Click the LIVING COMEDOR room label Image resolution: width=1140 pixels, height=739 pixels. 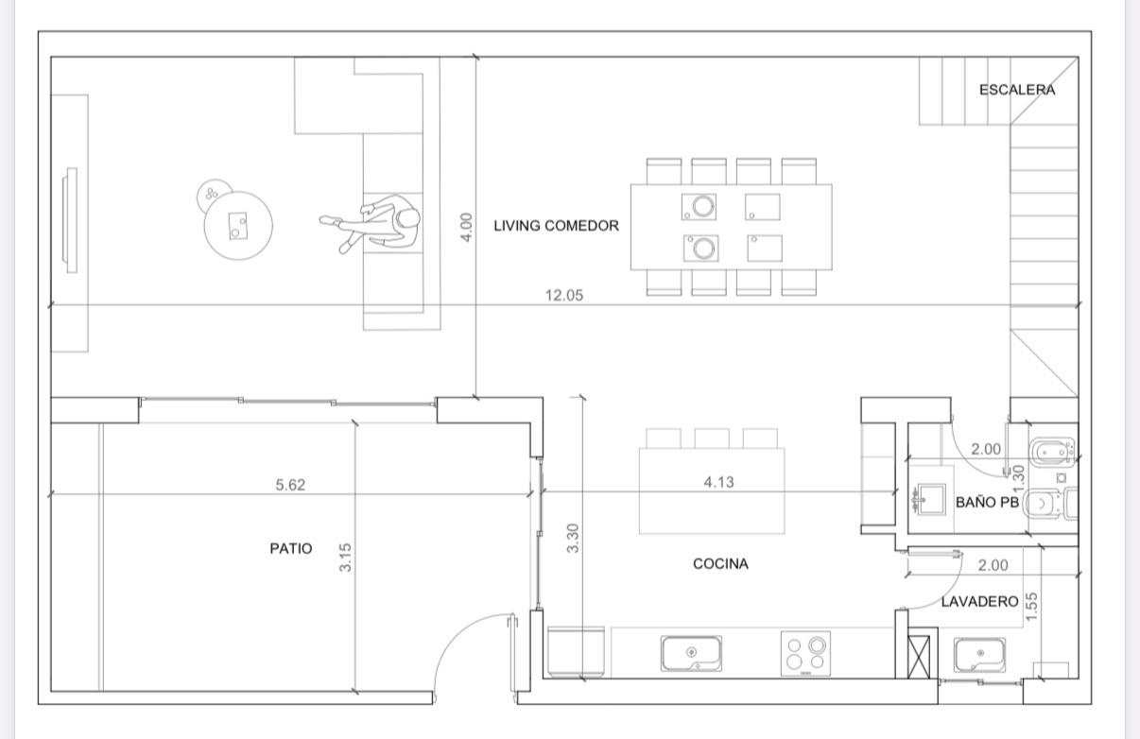coord(556,226)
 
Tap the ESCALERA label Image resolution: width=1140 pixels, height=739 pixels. coord(1017,90)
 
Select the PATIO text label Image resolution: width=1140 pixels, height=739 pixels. coord(290,548)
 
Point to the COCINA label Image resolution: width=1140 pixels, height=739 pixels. coord(720,563)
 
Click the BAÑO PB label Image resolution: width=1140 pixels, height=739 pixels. coord(987,503)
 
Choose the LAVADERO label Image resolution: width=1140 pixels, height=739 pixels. coord(979,602)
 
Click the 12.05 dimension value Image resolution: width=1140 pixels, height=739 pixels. coord(564,295)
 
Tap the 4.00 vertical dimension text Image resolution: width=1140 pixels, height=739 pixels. coord(466,227)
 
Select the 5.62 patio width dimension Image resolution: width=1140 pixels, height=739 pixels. coord(290,485)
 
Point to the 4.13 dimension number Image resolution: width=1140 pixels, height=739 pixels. coord(718,482)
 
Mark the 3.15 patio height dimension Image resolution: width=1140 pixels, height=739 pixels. coord(345,558)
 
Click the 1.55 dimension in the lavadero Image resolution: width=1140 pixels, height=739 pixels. coord(1031,606)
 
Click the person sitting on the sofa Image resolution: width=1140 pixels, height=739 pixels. coord(374,223)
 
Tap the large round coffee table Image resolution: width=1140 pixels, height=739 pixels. coord(238,226)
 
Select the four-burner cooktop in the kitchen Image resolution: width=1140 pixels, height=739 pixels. coord(805,654)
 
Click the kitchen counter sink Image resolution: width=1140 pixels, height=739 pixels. coord(691,654)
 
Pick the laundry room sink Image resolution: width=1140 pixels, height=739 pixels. coord(979,655)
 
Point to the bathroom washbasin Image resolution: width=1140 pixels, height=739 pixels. coord(927,499)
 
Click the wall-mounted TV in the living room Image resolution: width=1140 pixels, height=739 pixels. coord(70,220)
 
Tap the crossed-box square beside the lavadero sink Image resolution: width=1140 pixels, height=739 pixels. coord(919,657)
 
